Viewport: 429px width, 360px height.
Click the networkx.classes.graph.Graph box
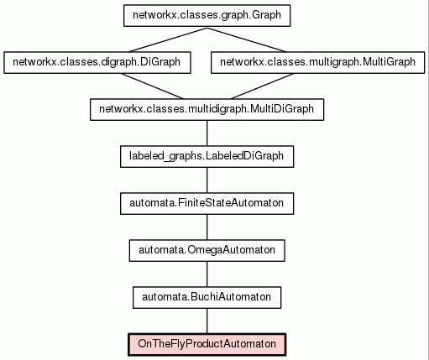coord(207,16)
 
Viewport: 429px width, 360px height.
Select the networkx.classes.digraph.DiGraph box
coord(97,63)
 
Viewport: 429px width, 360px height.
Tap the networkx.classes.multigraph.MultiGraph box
coord(317,63)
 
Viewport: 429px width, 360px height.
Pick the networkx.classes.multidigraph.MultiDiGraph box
coord(207,110)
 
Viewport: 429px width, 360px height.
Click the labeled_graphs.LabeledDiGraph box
coord(207,157)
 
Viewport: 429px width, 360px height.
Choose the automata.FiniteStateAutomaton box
coord(207,204)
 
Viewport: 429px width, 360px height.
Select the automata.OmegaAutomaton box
coord(207,251)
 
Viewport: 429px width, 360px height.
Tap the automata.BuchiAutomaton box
coord(207,298)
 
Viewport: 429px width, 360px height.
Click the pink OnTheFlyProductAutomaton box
coord(207,345)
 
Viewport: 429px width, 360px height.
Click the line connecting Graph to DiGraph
coord(168,39)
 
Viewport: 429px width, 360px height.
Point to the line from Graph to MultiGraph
coord(247,39)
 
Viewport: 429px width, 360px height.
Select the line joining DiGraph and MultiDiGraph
coord(152,86)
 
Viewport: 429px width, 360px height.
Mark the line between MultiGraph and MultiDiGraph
coord(262,86)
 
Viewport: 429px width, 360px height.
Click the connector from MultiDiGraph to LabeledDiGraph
coord(207,133)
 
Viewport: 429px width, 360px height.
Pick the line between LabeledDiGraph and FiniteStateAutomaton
coord(207,180)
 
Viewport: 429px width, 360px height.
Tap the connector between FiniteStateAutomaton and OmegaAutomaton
coord(207,227)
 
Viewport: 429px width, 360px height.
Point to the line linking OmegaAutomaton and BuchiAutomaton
coord(207,274)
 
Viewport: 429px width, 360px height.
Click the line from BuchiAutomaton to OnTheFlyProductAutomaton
coord(207,321)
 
